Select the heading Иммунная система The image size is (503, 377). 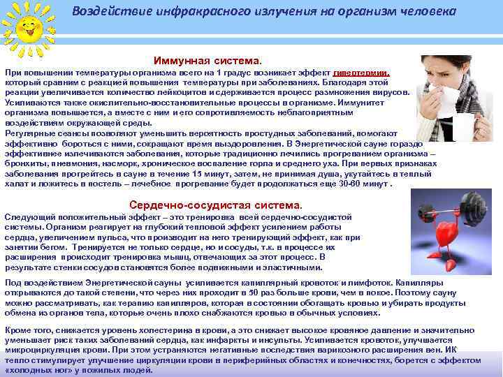point(207,60)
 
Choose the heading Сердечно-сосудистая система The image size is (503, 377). point(216,205)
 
